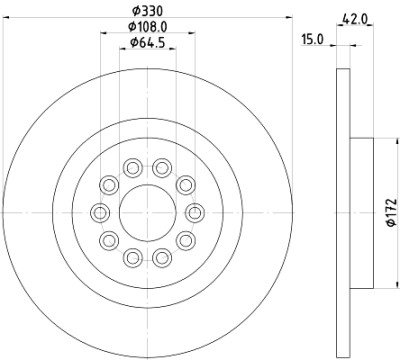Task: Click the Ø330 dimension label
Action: point(147,11)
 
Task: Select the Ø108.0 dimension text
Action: point(148,27)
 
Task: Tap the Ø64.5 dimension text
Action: point(148,42)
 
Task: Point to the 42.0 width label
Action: point(355,19)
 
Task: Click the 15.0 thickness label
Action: point(312,39)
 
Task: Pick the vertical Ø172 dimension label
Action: point(392,213)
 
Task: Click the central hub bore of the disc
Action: point(147,212)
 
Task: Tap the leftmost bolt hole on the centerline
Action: point(100,213)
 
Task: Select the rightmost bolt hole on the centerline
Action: point(195,213)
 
